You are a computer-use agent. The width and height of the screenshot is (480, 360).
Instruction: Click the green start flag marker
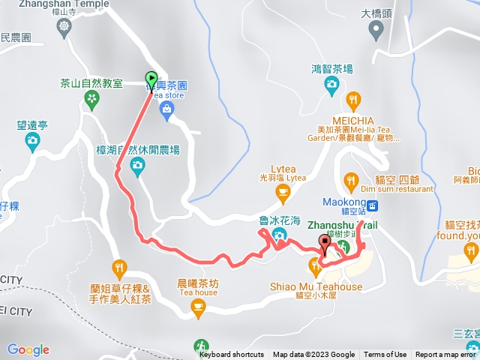click(151, 79)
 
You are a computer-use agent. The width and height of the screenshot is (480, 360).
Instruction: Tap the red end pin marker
click(325, 243)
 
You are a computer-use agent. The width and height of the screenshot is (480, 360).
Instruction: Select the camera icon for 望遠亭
click(32, 140)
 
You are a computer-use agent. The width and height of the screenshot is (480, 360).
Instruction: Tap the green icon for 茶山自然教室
click(92, 99)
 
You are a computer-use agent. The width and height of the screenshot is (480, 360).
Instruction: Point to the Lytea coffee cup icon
click(283, 193)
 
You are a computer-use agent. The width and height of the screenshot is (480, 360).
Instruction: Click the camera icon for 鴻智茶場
click(331, 85)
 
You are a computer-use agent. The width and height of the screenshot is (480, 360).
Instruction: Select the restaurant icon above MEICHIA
click(354, 100)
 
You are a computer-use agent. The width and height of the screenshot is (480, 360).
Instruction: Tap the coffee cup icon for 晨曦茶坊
click(197, 306)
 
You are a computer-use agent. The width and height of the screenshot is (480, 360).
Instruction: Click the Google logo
click(28, 349)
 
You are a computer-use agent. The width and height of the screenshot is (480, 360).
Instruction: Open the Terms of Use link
click(385, 355)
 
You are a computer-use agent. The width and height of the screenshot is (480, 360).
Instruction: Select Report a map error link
click(447, 355)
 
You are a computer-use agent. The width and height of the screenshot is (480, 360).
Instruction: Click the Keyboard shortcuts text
click(232, 355)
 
